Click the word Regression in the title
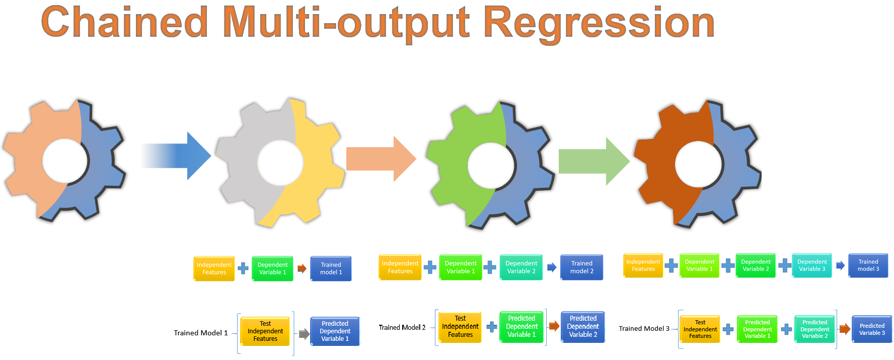click(x=599, y=23)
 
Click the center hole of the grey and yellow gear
click(x=280, y=163)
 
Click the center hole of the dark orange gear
click(x=699, y=164)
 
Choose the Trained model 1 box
click(x=331, y=268)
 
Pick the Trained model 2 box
click(x=581, y=267)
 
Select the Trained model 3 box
click(x=868, y=265)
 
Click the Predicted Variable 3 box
click(x=872, y=329)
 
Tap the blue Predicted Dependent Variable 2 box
click(x=583, y=326)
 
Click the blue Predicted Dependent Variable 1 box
click(x=335, y=331)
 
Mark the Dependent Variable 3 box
click(x=811, y=265)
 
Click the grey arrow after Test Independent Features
click(x=304, y=334)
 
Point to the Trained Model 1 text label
click(x=200, y=333)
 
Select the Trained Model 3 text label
click(x=644, y=328)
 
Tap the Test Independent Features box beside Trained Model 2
click(x=460, y=327)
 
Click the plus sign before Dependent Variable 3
click(x=784, y=265)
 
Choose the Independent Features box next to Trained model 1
click(x=214, y=268)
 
